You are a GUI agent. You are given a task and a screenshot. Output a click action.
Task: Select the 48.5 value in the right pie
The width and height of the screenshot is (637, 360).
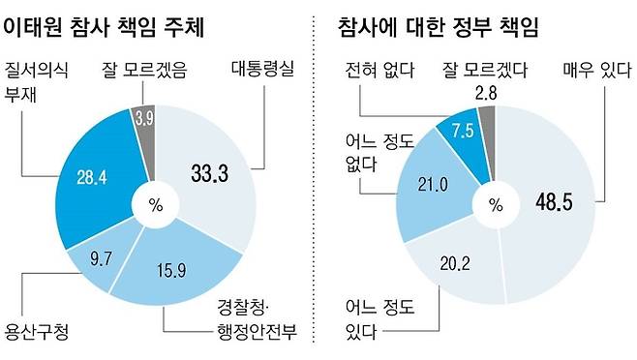pos(556,203)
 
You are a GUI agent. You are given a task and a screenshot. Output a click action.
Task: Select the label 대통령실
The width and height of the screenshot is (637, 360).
pos(262,71)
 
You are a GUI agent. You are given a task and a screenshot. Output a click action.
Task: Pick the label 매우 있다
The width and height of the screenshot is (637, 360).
pos(594,71)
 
